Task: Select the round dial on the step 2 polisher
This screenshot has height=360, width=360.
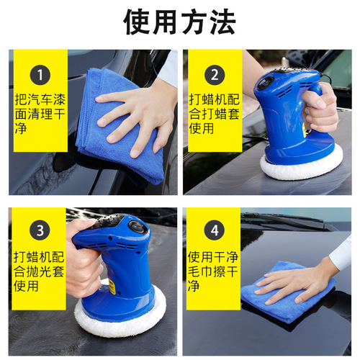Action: [265, 83]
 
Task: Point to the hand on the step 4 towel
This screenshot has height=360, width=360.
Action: [302, 277]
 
